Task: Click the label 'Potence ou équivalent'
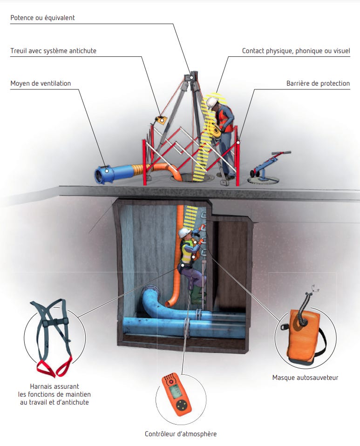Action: (x=42, y=18)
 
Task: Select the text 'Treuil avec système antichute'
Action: (x=53, y=51)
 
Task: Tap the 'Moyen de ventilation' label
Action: (x=41, y=83)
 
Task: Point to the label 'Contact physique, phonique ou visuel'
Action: (x=296, y=51)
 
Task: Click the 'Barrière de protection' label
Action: (x=318, y=83)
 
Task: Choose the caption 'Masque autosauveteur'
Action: (x=305, y=378)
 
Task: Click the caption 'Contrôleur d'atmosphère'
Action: (x=180, y=434)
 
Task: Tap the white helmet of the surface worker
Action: (x=212, y=103)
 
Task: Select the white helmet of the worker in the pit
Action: (x=183, y=232)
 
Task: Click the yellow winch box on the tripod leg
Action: (x=161, y=120)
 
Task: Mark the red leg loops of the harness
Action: (x=54, y=366)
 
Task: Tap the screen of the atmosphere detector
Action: (x=174, y=392)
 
